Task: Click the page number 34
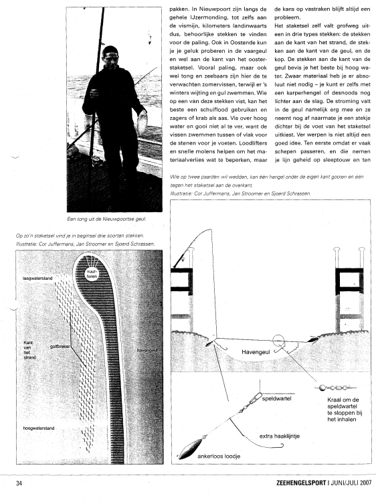[19, 483]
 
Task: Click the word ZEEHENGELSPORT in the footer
[301, 483]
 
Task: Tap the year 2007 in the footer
[365, 483]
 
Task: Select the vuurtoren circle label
[92, 274]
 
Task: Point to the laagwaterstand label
[37, 278]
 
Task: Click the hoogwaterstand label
[39, 428]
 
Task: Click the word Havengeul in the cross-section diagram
[256, 352]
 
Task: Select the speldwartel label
[277, 398]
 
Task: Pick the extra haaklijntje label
[280, 436]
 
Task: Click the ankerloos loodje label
[219, 456]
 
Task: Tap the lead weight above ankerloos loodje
[191, 448]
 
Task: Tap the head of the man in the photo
[110, 57]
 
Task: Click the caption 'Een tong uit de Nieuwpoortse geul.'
[106, 219]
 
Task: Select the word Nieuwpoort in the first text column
[207, 17]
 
